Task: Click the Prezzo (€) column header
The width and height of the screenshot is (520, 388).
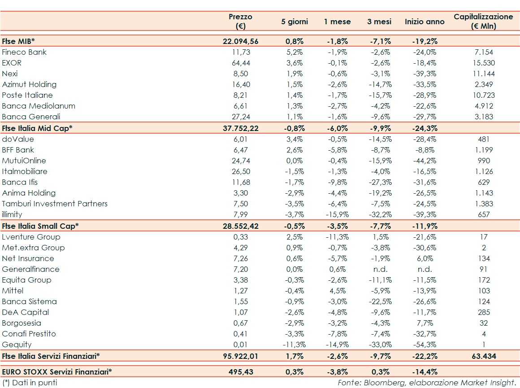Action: tap(240, 21)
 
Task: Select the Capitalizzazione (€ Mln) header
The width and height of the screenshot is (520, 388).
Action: tap(483, 21)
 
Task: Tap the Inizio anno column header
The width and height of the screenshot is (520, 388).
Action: tap(425, 22)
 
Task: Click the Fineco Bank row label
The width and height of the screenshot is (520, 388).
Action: tap(24, 52)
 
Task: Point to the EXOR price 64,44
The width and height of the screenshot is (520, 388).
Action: tap(240, 63)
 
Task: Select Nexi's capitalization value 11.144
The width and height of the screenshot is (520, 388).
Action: tap(483, 74)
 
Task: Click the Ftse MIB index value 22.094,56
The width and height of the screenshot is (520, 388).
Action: tap(240, 41)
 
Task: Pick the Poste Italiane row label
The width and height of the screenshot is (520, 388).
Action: tap(27, 95)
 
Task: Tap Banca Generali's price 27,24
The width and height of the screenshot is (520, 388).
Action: tap(240, 117)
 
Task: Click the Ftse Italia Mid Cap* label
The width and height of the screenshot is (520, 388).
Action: tap(37, 128)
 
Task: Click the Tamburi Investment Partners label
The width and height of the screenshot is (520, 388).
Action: tap(55, 204)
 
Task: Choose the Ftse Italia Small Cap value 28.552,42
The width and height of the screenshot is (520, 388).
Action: tap(240, 226)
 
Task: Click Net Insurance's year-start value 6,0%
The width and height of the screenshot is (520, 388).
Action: tap(425, 258)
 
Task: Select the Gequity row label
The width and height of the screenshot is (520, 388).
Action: tap(17, 344)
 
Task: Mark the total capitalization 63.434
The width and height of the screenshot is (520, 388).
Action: tap(483, 356)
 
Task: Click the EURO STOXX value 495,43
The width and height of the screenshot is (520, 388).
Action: tap(240, 372)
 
